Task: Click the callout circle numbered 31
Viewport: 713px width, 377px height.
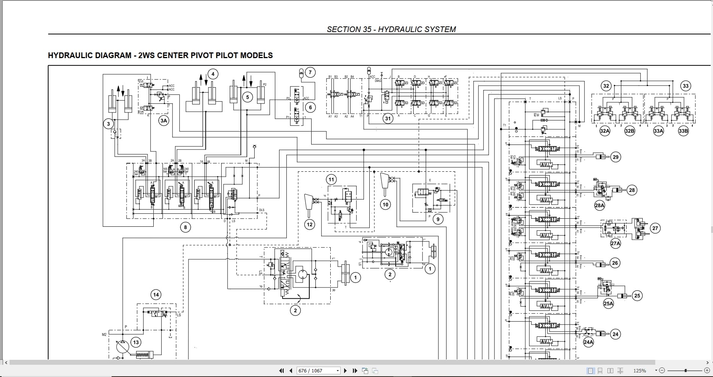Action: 388,119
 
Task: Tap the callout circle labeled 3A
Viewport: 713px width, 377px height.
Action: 164,121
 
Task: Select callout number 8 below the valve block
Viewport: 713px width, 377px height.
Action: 185,227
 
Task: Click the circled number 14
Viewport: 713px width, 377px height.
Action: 156,295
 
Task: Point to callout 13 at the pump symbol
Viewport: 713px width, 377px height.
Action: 136,342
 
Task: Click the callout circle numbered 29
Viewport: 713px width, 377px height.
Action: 615,157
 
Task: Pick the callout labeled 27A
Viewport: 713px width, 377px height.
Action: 616,243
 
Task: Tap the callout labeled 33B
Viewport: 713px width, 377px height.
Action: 683,131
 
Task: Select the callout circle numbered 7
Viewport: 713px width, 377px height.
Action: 310,72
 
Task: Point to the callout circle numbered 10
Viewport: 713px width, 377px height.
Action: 385,205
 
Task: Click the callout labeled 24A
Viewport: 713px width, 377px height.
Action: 588,342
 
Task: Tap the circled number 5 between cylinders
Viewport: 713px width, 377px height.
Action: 247,97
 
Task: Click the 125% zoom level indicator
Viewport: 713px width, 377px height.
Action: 640,370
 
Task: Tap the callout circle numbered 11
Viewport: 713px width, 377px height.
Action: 331,180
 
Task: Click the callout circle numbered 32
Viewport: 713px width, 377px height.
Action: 606,86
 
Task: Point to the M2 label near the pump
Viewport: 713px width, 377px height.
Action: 104,335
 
